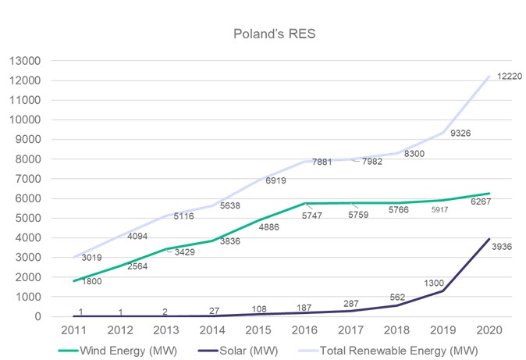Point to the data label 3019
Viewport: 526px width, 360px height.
point(92,257)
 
